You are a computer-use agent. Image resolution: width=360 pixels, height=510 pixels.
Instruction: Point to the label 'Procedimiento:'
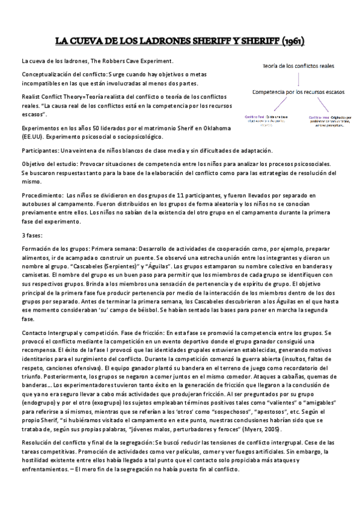click(x=42, y=195)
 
